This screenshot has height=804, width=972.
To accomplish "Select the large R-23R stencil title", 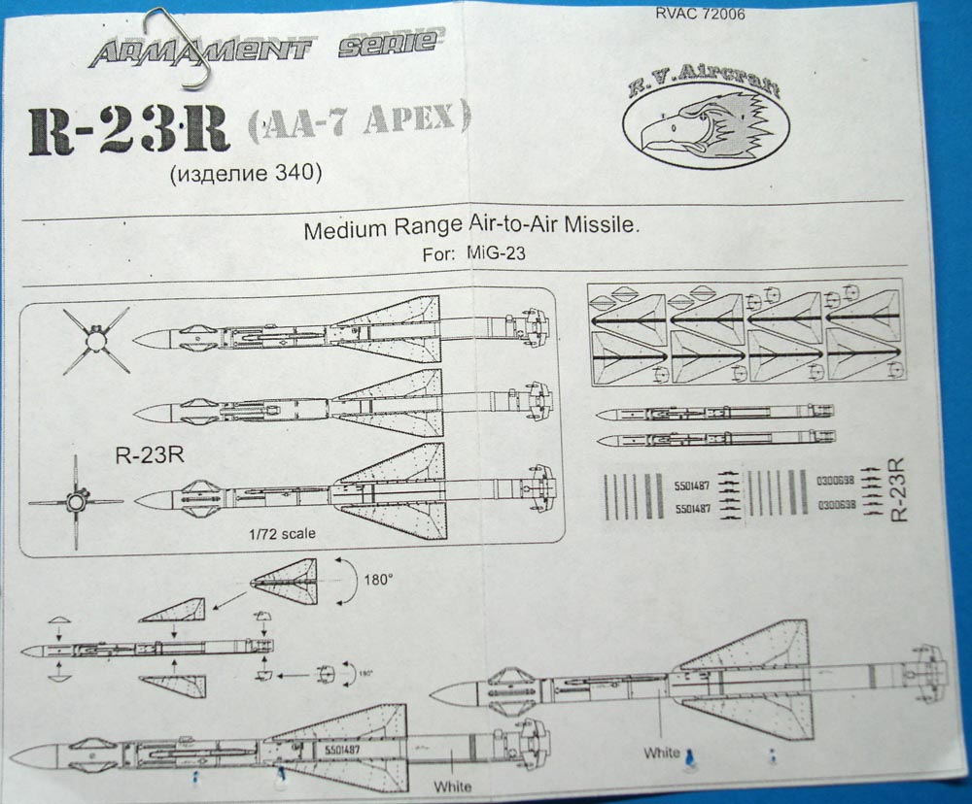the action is click(x=128, y=131).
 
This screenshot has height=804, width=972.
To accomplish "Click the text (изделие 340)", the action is click(x=244, y=174).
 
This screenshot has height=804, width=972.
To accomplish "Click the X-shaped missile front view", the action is click(x=95, y=340).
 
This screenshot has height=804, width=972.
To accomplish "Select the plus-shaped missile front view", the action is click(x=76, y=502).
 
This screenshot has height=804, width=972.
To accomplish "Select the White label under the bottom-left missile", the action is click(x=452, y=785).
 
